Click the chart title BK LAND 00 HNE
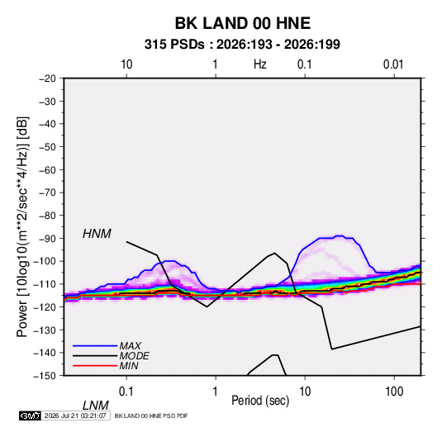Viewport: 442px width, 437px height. tap(243, 23)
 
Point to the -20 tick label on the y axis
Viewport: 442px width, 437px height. tap(47, 78)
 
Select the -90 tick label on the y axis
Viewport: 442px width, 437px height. tap(47, 238)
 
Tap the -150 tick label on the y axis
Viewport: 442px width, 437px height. tap(45, 376)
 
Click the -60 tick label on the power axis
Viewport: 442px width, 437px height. tap(47, 169)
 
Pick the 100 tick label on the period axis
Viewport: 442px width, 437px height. tap(394, 392)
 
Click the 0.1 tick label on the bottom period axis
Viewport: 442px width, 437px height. tap(126, 392)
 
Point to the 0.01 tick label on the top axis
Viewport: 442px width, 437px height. tap(393, 64)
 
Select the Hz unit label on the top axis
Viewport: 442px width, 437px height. tap(260, 64)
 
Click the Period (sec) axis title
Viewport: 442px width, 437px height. tap(260, 401)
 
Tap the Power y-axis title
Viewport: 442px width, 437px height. tap(22, 227)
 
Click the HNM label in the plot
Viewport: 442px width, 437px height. tap(97, 234)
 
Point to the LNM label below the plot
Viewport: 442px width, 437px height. tap(96, 406)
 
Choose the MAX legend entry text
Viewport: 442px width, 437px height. tap(130, 346)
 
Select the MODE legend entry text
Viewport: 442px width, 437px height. tap(134, 356)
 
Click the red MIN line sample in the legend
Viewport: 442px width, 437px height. tap(95, 366)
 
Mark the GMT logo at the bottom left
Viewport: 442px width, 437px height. tap(31, 416)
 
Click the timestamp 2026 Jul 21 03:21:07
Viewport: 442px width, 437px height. tap(75, 416)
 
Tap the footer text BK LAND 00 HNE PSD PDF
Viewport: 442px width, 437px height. tap(151, 416)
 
